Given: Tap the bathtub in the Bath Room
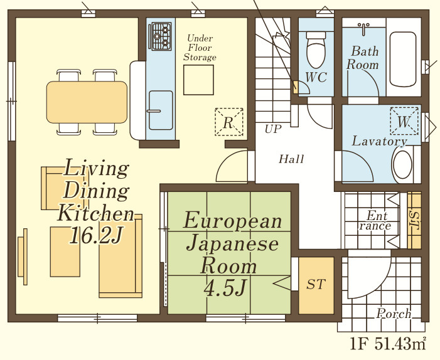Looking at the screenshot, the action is pyautogui.click(x=403, y=60).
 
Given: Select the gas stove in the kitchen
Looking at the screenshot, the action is pyautogui.click(x=161, y=36).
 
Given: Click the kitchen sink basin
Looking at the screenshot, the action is pyautogui.click(x=161, y=110).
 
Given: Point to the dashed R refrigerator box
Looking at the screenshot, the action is pyautogui.click(x=229, y=122).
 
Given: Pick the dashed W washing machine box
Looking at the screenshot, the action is pyautogui.click(x=404, y=121).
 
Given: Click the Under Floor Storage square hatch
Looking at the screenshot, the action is pyautogui.click(x=199, y=80).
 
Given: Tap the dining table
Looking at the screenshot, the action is pyautogui.click(x=87, y=102).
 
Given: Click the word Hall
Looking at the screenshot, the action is pyautogui.click(x=291, y=159).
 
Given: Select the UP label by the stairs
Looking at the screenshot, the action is pyautogui.click(x=273, y=129).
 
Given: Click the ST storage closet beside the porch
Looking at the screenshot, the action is pyautogui.click(x=316, y=285).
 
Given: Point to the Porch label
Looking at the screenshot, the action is pyautogui.click(x=394, y=314).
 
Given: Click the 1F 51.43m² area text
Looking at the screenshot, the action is pyautogui.click(x=388, y=344).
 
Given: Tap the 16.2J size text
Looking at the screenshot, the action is pyautogui.click(x=96, y=235).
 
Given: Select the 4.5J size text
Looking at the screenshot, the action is pyautogui.click(x=225, y=289).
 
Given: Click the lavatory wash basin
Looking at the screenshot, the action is pyautogui.click(x=403, y=165).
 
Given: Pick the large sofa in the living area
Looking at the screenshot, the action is pyautogui.click(x=121, y=256).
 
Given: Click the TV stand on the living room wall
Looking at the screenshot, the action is pyautogui.click(x=23, y=257).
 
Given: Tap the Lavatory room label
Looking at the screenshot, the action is pyautogui.click(x=379, y=141).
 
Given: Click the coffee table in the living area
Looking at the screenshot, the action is pyautogui.click(x=65, y=251).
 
